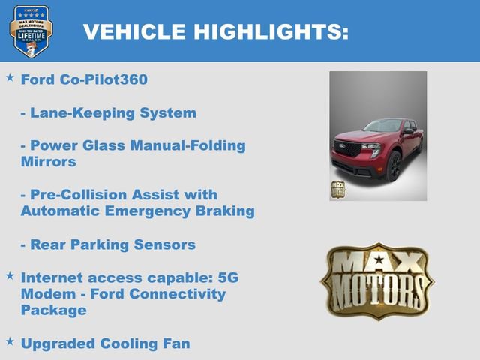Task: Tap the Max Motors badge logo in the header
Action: (31, 31)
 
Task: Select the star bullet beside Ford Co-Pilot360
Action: (10, 77)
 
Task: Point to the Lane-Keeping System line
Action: (108, 113)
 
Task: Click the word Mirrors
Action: (48, 161)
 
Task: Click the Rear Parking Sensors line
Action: (108, 244)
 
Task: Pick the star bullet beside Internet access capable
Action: (10, 276)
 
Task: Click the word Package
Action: (53, 310)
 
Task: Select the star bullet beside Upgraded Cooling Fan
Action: (10, 342)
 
